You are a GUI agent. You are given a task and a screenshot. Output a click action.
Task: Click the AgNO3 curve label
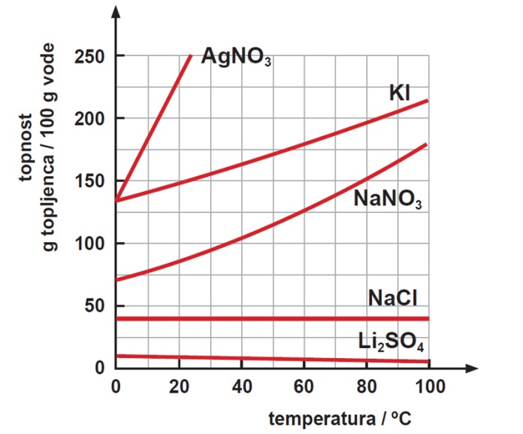[237, 58]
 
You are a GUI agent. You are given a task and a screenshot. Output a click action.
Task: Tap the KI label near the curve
[400, 93]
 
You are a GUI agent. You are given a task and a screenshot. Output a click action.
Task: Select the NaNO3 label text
[387, 199]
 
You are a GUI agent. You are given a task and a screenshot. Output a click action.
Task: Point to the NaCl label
[393, 298]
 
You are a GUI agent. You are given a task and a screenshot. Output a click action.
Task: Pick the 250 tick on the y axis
[89, 56]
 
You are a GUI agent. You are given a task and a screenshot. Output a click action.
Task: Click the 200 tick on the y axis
[89, 119]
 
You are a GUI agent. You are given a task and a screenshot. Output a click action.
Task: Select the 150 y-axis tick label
[89, 181]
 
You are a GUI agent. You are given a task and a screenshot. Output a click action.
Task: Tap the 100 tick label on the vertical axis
[89, 244]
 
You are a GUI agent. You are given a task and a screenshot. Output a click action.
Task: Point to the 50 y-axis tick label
[95, 306]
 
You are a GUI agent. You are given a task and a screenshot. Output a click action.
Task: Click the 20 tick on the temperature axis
[179, 387]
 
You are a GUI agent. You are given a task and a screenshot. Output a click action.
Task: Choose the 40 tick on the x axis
[241, 387]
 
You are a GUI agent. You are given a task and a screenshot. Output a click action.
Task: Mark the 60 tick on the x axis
[304, 387]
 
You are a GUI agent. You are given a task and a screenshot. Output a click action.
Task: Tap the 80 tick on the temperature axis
[367, 387]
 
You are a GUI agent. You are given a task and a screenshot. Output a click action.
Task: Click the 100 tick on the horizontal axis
[428, 387]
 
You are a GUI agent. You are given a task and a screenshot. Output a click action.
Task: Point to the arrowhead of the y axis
[116, 14]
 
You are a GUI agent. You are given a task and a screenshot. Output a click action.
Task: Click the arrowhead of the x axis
[471, 369]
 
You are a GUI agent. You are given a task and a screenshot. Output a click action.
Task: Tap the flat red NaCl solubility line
[271, 318]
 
